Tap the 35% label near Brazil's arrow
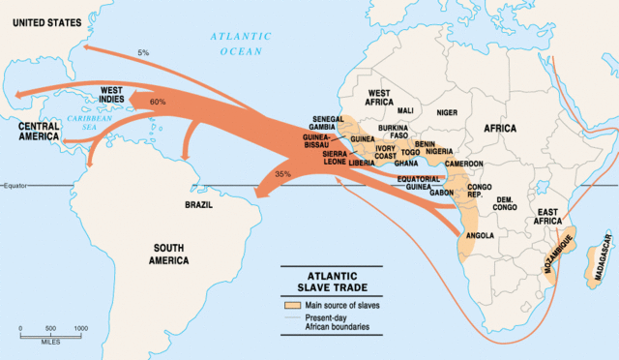tap(283, 174)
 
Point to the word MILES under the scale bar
tap(53, 341)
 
